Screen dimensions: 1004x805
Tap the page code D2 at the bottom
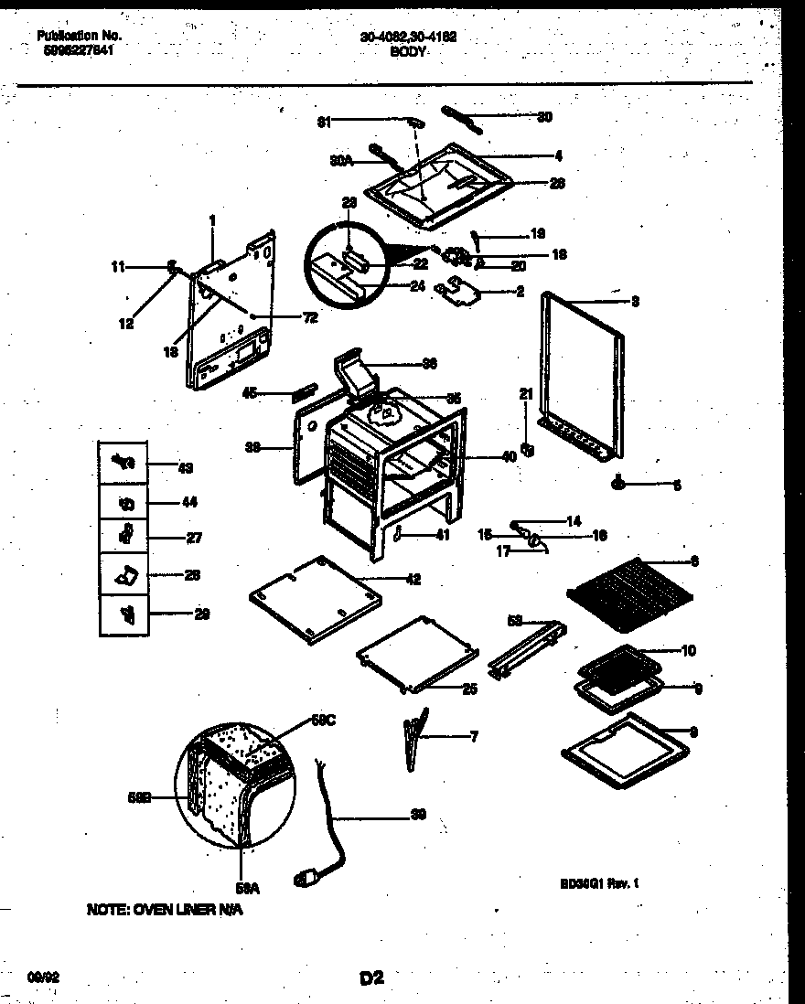(370, 978)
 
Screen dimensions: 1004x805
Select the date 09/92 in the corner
(48, 977)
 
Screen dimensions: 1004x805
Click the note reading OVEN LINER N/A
(166, 911)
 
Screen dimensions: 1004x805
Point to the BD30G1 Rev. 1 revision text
(598, 883)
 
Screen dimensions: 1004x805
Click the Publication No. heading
(80, 37)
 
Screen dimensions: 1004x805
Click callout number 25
(468, 689)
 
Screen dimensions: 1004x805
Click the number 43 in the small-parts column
(186, 467)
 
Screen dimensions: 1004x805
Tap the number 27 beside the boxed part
(193, 538)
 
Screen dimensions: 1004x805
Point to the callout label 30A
(340, 160)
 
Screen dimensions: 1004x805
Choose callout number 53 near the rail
(515, 621)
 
